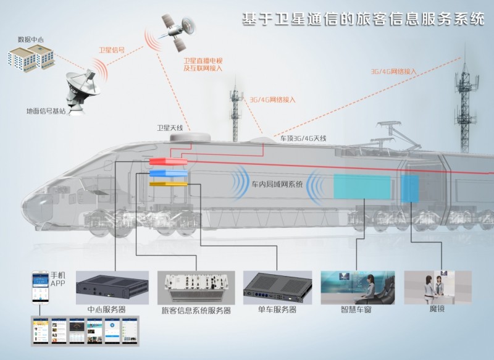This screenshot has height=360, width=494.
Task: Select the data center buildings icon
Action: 31,57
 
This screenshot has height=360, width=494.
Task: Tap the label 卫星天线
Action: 170,128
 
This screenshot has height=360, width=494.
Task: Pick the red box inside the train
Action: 167,162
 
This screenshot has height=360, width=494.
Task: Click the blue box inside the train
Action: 167,173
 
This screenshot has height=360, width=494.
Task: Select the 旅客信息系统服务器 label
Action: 196,311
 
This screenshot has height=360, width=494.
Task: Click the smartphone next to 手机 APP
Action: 40,288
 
